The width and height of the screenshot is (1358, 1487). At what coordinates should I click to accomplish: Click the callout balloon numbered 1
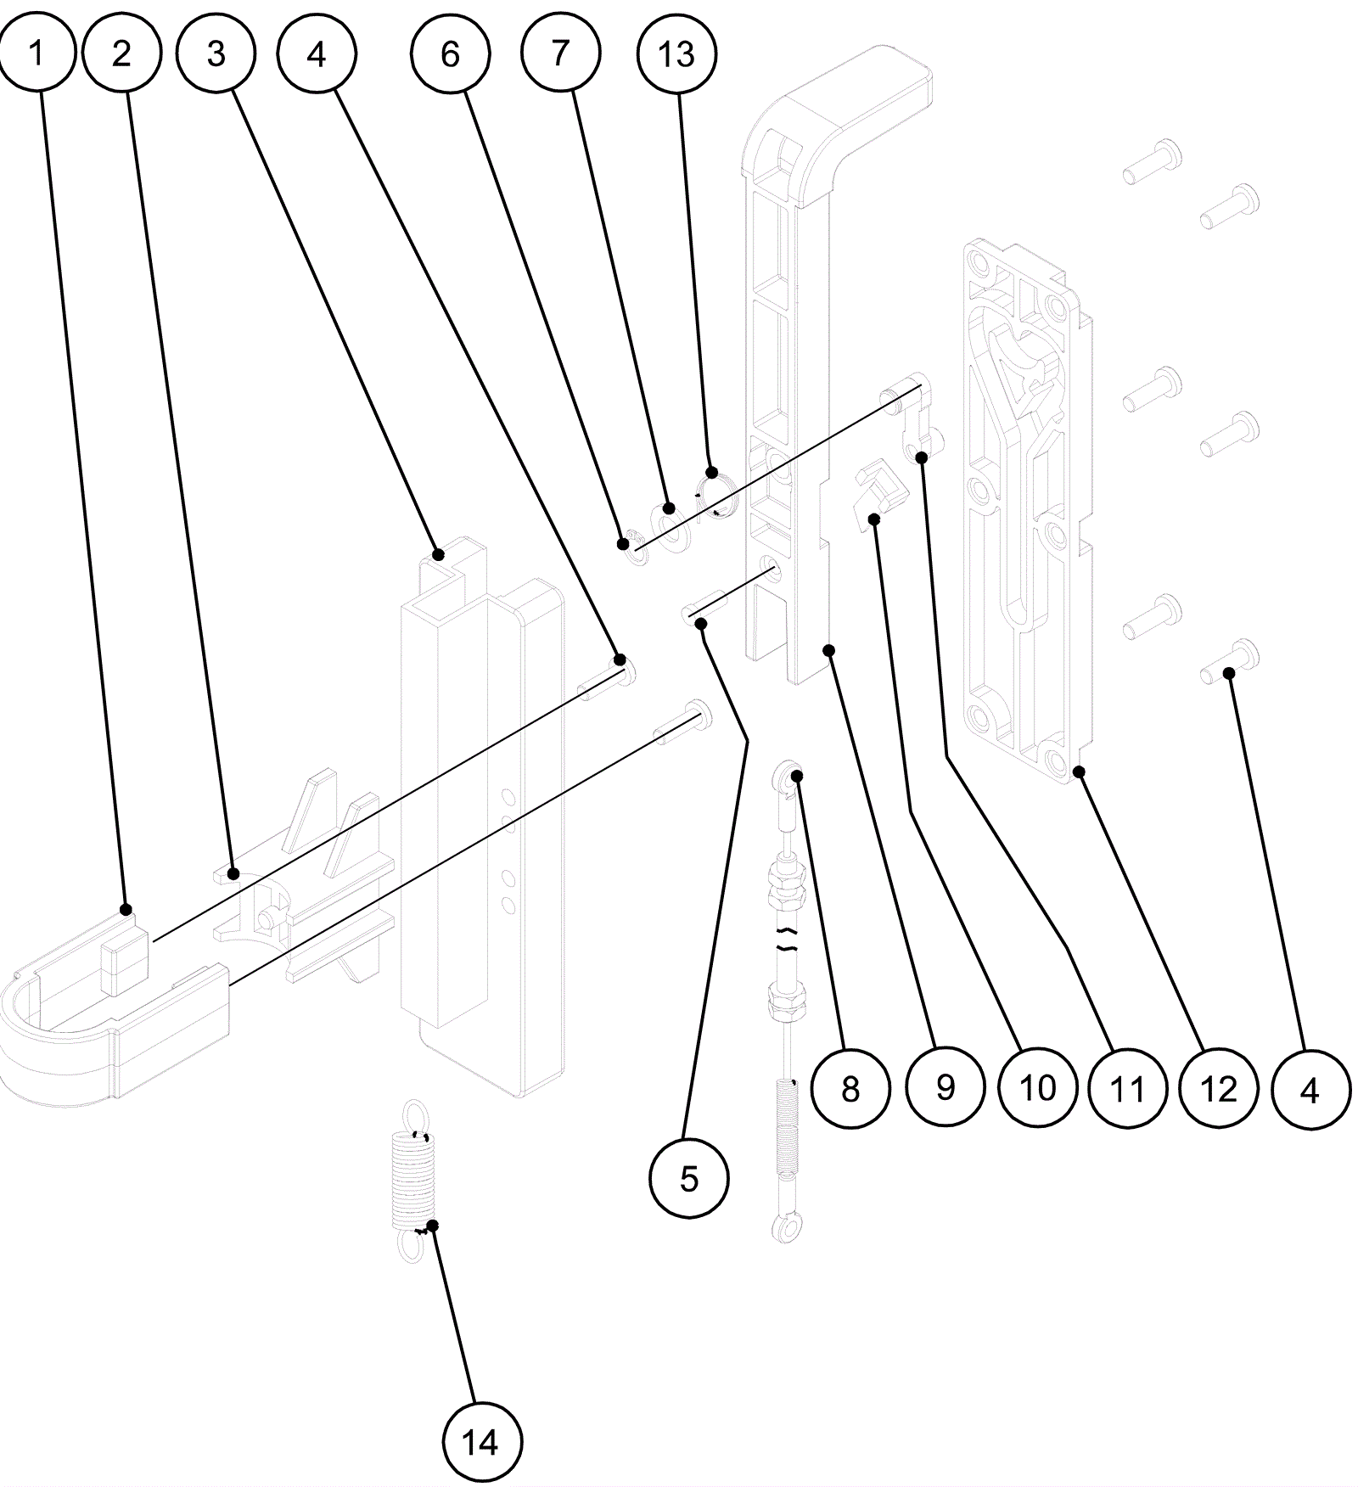[36, 53]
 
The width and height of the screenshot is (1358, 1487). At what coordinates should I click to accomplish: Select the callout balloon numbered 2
[122, 53]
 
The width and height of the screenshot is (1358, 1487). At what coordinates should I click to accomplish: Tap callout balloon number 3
[216, 53]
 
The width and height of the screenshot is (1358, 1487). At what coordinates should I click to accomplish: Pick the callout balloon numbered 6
[450, 53]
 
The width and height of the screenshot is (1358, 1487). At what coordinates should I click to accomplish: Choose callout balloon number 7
[560, 53]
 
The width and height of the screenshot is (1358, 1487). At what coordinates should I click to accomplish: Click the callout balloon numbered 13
[676, 53]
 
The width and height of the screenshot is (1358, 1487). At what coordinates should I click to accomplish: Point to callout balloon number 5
[689, 1178]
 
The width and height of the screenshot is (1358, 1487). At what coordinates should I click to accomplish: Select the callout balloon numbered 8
[850, 1088]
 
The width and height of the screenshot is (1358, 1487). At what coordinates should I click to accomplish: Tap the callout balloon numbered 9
[945, 1088]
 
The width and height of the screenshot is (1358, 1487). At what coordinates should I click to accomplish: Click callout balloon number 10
[1037, 1088]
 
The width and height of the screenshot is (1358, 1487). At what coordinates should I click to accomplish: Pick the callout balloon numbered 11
[1128, 1088]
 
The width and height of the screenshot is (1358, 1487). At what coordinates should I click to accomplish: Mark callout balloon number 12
[1219, 1088]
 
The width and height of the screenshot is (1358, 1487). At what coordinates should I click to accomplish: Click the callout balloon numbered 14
[482, 1442]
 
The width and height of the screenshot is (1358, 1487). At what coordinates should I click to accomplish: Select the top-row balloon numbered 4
[317, 53]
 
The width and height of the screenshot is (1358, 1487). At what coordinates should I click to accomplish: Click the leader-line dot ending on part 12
[1079, 772]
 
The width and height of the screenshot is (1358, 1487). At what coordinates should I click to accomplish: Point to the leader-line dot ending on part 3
[438, 555]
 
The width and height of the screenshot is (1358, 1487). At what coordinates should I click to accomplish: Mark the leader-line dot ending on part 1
[126, 910]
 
